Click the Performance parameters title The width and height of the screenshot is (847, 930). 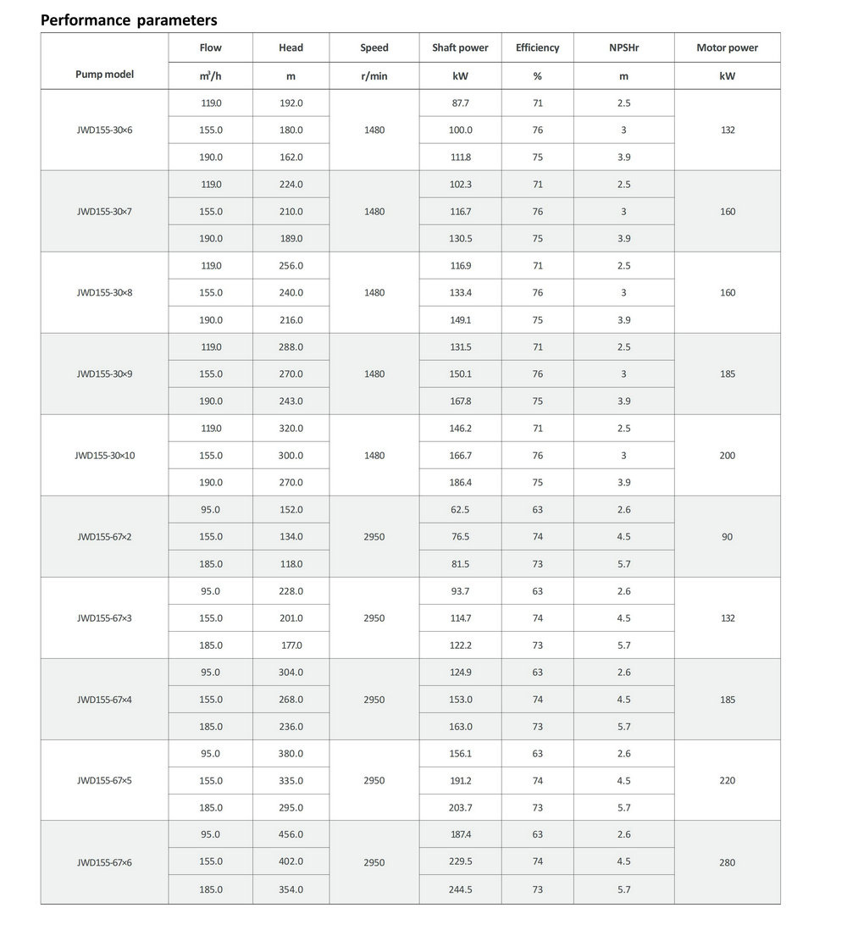point(129,19)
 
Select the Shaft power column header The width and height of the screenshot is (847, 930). point(460,48)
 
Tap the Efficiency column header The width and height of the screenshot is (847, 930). point(537,48)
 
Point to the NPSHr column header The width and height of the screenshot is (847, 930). point(623,48)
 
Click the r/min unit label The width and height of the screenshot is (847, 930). point(374,76)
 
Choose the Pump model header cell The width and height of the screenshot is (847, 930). point(104,75)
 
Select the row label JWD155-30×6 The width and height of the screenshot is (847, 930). point(104,130)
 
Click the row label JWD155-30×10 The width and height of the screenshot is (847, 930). point(104,456)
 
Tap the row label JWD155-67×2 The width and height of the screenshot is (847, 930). point(104,537)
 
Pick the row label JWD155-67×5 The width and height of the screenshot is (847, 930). point(104,781)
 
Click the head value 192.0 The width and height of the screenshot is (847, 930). point(291,103)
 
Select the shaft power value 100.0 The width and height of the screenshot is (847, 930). point(460,130)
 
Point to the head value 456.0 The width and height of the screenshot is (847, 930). point(291,835)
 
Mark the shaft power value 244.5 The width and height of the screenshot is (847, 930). point(460,889)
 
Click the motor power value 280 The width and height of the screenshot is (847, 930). point(727,862)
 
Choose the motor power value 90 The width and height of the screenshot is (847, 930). point(727,537)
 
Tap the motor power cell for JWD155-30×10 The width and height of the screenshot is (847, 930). point(727,456)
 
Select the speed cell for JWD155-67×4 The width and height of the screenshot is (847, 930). point(374,700)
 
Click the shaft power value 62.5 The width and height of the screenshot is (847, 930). point(460,510)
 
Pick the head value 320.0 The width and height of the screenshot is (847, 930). point(291,429)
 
